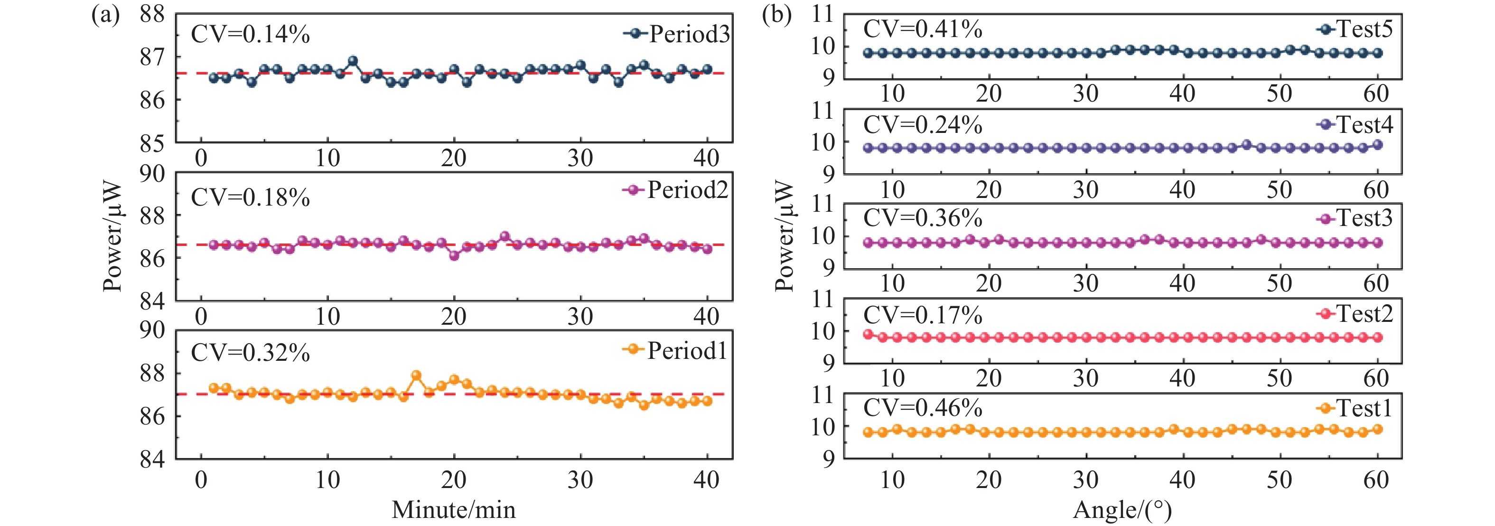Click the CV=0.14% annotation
click(250, 34)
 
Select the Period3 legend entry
click(676, 34)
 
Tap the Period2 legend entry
click(675, 190)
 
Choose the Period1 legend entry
click(675, 350)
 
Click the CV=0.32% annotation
click(250, 352)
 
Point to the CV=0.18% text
click(250, 197)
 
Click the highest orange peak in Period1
click(416, 375)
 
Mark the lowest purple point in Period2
click(454, 255)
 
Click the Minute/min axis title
click(453, 510)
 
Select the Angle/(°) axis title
click(1122, 510)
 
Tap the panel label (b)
click(776, 15)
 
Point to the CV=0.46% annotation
click(923, 408)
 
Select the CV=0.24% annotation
click(923, 125)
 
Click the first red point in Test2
click(868, 334)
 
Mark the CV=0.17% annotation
click(923, 315)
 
